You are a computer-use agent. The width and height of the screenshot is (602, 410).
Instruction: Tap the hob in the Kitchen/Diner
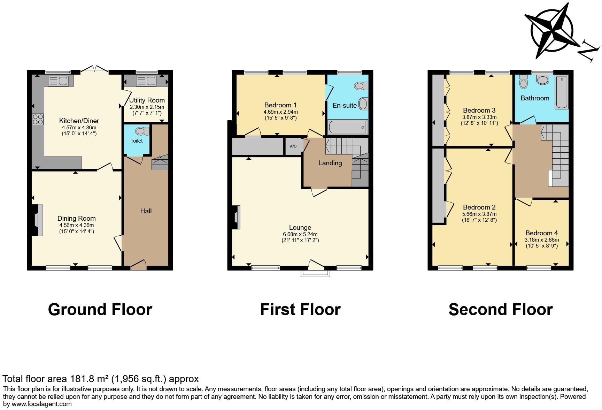(x=38, y=119)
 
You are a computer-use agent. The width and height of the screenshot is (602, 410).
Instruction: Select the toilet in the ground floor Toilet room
(x=142, y=131)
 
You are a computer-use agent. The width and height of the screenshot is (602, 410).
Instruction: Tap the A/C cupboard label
(x=293, y=146)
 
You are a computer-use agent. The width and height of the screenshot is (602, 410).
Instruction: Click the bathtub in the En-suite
(x=348, y=127)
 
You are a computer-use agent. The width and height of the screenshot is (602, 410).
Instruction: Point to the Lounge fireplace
(x=236, y=214)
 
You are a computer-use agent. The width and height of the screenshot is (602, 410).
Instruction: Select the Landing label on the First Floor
(x=330, y=163)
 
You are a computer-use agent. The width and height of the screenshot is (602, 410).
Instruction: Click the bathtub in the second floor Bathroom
(x=561, y=92)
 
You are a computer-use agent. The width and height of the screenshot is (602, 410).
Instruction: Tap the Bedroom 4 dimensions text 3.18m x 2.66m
(x=541, y=240)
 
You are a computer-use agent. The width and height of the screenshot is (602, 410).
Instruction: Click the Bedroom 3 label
(x=479, y=110)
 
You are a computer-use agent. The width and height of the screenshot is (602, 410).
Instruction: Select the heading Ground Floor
(x=100, y=310)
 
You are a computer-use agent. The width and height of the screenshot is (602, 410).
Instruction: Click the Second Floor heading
(x=500, y=310)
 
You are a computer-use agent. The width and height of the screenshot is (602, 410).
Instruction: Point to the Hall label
(x=146, y=211)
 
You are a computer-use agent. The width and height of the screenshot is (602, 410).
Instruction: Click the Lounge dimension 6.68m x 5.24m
(x=300, y=234)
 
